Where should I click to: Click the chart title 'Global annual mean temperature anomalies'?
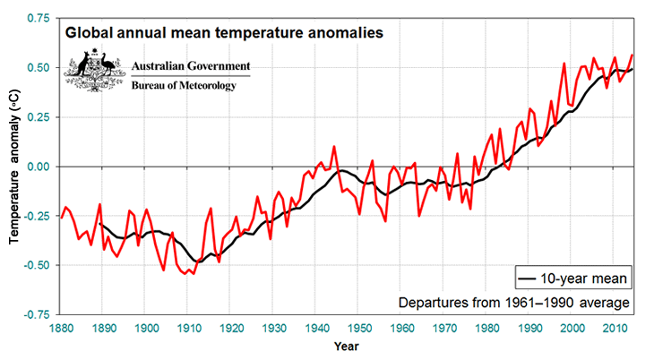[224, 33]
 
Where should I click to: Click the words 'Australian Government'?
[191, 67]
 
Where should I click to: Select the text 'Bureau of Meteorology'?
[184, 86]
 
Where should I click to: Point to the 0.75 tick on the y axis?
[37, 18]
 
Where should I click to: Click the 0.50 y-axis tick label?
[37, 68]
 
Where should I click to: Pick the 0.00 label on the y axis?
[37, 167]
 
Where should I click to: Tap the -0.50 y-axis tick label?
[35, 265]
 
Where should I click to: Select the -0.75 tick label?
[35, 314]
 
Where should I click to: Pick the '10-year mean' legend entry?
[574, 279]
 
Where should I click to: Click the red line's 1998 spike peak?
[564, 63]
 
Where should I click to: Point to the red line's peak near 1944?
[334, 146]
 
